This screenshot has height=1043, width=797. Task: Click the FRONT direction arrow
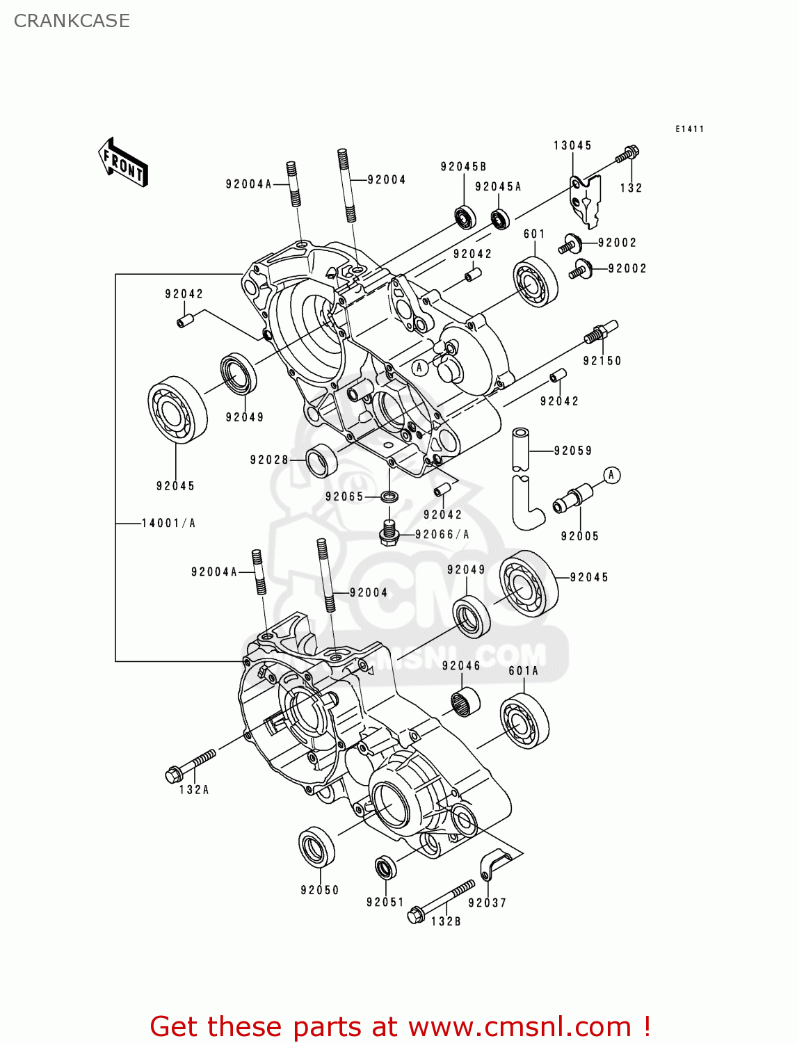[123, 163]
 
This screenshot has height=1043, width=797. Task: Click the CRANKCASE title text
[72, 21]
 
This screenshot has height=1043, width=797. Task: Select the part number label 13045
[572, 145]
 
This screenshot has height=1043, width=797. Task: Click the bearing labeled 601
[536, 282]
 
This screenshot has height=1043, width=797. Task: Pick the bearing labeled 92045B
[465, 217]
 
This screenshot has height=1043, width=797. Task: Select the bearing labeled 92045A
[500, 219]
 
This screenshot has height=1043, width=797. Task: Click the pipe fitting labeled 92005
[572, 499]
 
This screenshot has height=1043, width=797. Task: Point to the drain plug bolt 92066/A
[389, 533]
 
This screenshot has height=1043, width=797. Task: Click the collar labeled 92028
[321, 460]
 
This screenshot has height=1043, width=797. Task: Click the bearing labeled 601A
[524, 720]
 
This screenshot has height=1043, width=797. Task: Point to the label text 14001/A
[168, 523]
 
